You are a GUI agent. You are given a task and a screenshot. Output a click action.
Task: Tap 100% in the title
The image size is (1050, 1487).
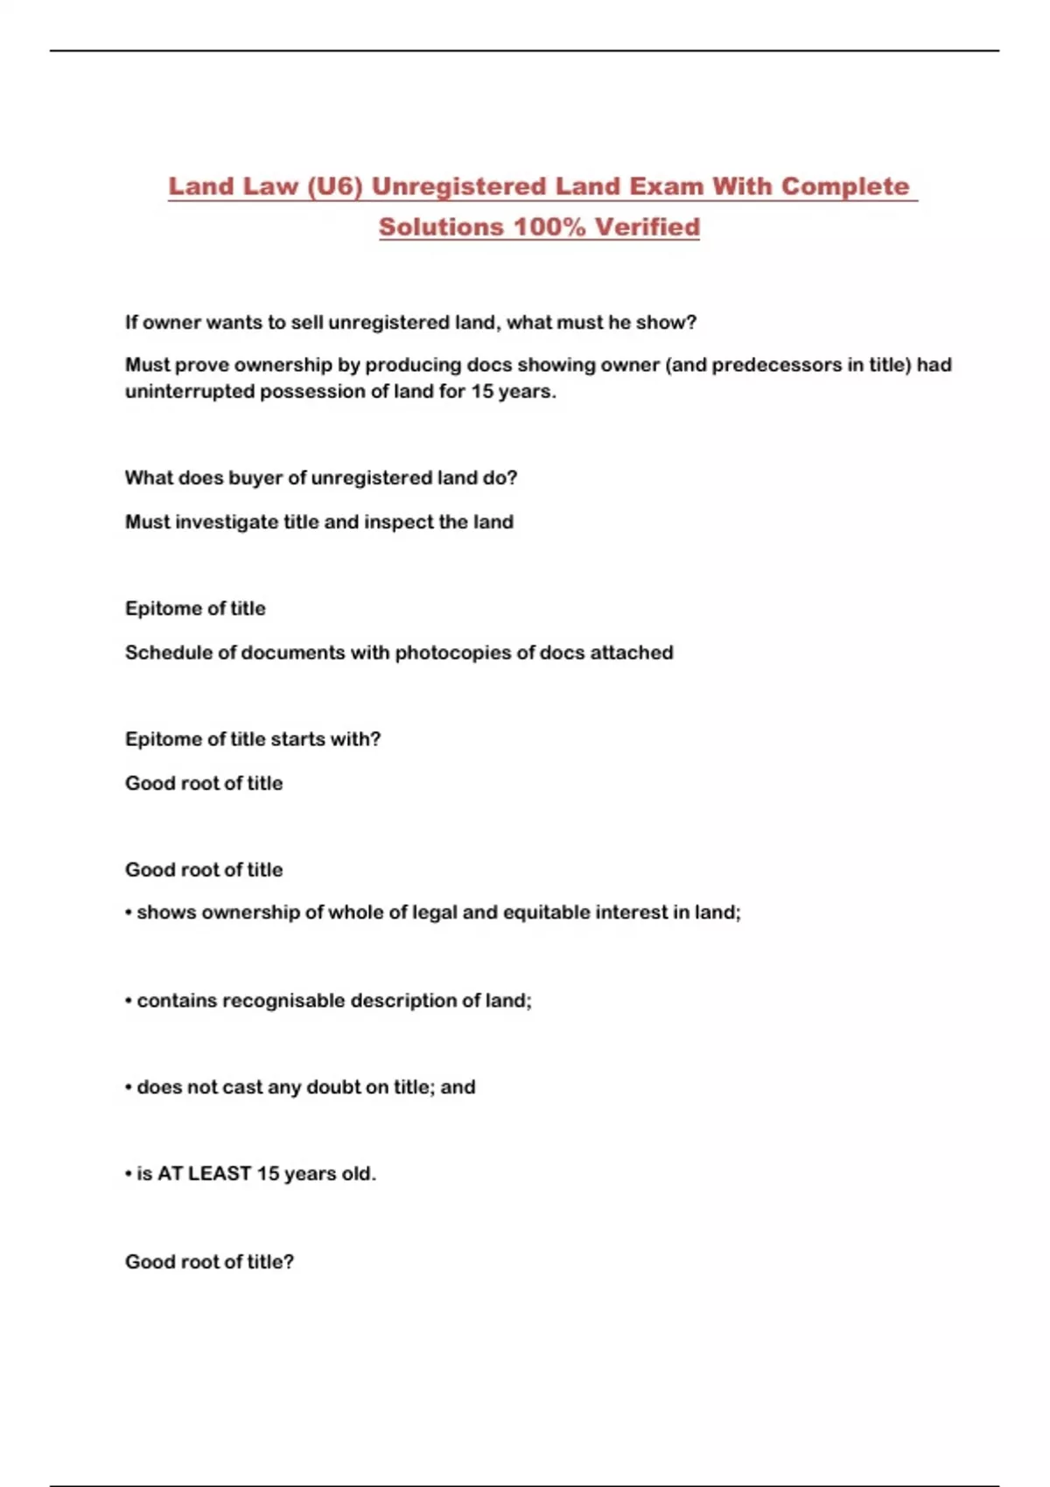pyautogui.click(x=549, y=227)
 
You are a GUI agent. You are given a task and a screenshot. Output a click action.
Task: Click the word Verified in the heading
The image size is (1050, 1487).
pyautogui.click(x=647, y=227)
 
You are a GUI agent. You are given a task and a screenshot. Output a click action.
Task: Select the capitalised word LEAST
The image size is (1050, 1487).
pyautogui.click(x=220, y=1174)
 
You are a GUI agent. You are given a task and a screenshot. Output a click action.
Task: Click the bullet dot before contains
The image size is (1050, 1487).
pyautogui.click(x=129, y=1002)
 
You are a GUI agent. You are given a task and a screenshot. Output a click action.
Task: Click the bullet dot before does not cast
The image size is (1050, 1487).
pyautogui.click(x=129, y=1088)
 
